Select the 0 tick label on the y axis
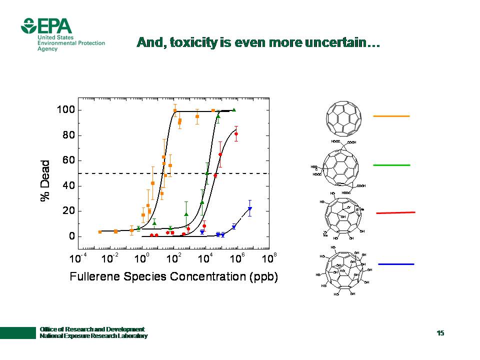[71, 236]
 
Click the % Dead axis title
[46, 180]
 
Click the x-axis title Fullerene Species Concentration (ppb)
[173, 276]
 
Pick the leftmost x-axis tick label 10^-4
[76, 258]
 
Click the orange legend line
[391, 116]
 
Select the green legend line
[391, 165]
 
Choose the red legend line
[395, 213]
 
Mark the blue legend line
[395, 263]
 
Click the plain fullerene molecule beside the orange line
[343, 118]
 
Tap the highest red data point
[236, 134]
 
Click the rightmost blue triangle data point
[249, 209]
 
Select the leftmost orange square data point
[100, 232]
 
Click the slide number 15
[440, 333]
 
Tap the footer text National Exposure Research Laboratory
[93, 336]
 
